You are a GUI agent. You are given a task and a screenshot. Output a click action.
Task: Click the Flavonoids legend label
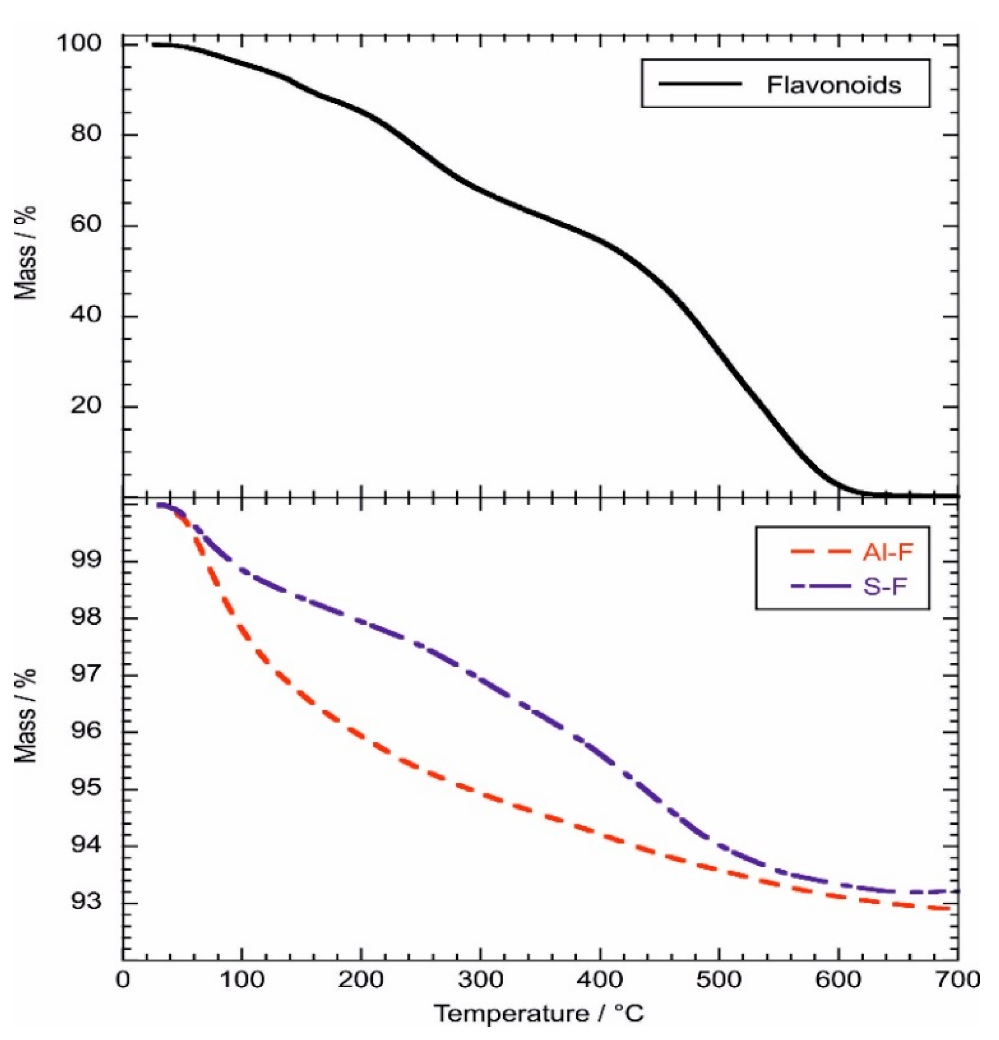click(833, 85)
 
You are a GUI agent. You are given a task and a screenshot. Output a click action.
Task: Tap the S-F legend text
click(884, 587)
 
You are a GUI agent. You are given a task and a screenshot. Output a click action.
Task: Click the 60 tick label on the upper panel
click(85, 225)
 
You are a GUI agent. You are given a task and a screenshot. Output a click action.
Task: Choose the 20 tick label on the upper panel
click(85, 406)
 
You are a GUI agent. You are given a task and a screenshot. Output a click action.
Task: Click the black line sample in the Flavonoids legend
click(699, 84)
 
